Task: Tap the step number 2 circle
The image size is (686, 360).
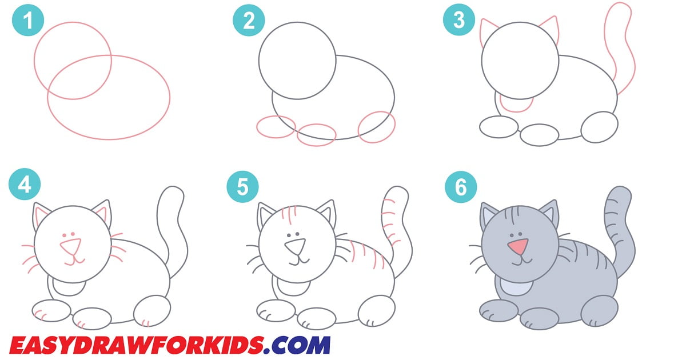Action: pos(248,21)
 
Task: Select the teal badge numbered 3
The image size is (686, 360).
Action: pos(459,21)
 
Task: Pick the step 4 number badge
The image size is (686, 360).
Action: pos(25,186)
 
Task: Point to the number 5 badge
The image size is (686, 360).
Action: pos(242,186)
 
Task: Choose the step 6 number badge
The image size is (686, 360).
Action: pos(459,186)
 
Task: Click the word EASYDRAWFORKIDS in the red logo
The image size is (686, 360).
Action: pos(137,345)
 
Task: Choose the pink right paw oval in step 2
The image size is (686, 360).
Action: pos(377,127)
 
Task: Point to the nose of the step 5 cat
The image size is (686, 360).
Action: pos(296,247)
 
